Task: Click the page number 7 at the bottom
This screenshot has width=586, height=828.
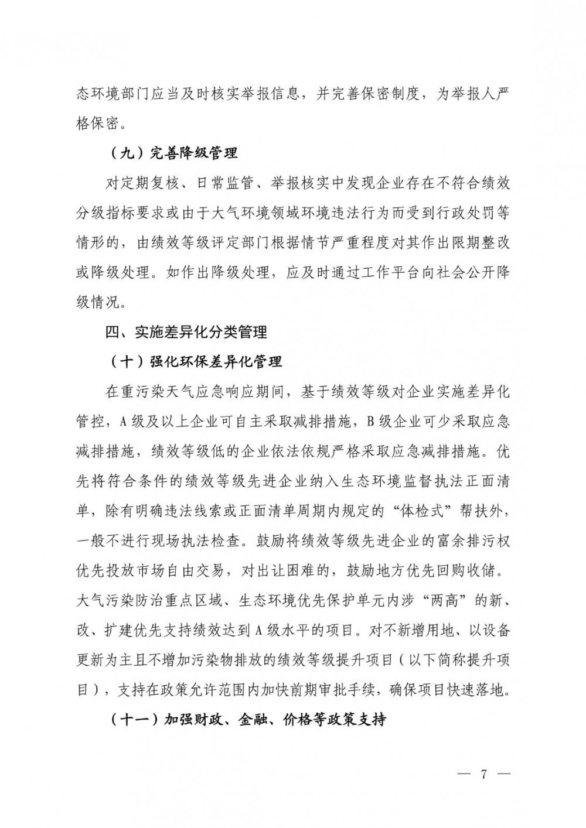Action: click(484, 774)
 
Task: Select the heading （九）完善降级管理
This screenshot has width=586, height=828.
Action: click(173, 154)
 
